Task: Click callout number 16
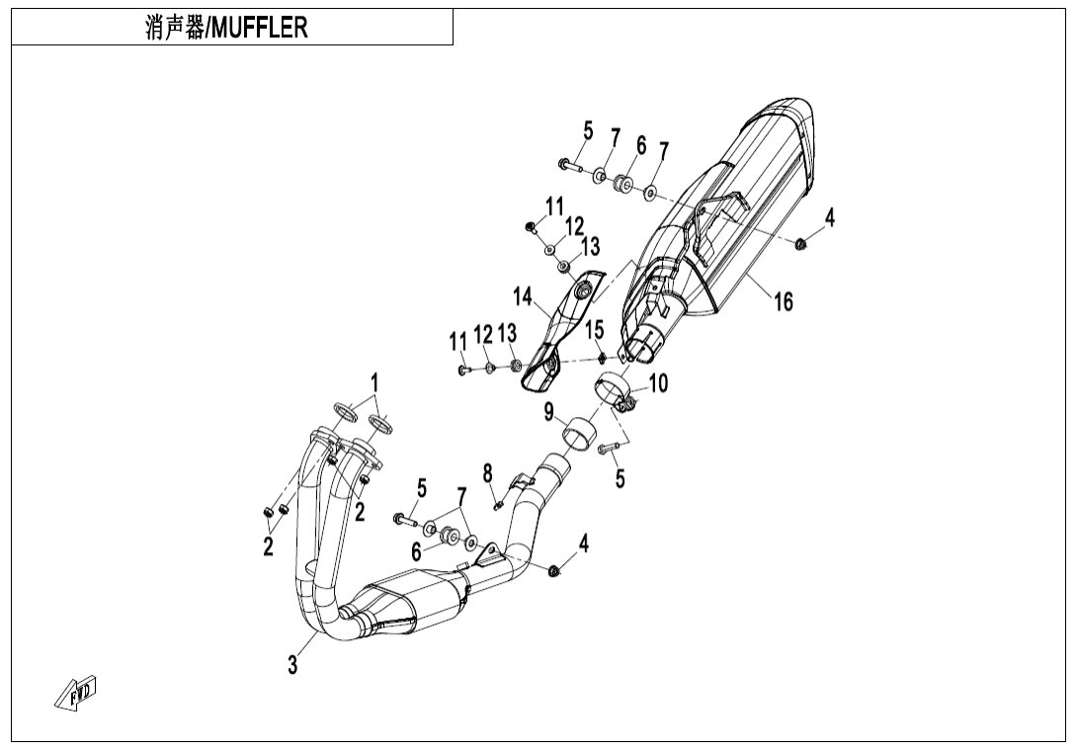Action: click(x=783, y=301)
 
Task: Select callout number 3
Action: click(x=292, y=665)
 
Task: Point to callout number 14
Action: click(x=522, y=295)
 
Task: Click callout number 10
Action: click(x=658, y=382)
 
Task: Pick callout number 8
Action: click(x=487, y=473)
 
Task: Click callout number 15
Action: click(x=595, y=328)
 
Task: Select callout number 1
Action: click(x=374, y=381)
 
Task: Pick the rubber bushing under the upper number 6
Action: click(x=624, y=183)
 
